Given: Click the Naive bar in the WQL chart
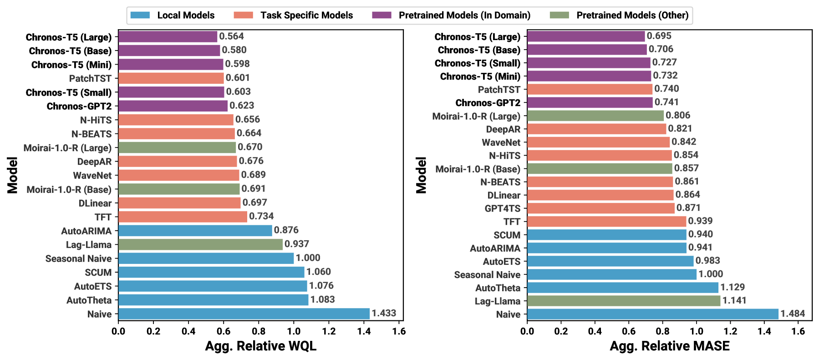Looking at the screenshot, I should click(244, 314).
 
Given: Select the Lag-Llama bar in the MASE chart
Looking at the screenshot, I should click(623, 301).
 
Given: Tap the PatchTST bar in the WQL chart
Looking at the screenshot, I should click(171, 78).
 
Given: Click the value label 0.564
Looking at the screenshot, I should click(231, 36).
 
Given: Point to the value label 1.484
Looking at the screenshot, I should click(793, 314).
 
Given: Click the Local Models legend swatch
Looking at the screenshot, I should click(140, 15).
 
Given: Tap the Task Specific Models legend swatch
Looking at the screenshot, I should click(243, 15).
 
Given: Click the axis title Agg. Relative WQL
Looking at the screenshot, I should click(260, 346).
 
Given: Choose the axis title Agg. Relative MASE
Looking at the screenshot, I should click(669, 346).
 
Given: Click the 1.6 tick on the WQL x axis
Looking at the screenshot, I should click(399, 331).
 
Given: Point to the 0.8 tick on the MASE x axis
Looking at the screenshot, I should click(662, 331).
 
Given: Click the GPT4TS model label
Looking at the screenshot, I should click(502, 208).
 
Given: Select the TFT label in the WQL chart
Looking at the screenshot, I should click(103, 217).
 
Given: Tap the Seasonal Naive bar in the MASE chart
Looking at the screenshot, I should click(611, 274).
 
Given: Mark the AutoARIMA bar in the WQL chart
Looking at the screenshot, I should click(195, 231).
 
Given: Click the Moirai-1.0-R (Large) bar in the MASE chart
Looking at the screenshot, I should click(595, 116).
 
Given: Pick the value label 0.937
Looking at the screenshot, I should click(296, 244).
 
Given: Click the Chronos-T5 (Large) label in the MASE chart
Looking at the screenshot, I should click(477, 37).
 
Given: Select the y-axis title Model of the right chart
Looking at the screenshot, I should click(422, 176).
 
